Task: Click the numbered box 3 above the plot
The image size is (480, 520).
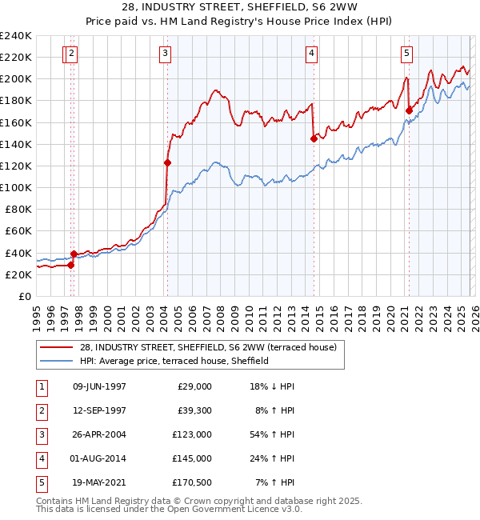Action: coord(165,54)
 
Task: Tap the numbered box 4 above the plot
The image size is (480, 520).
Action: coord(310,54)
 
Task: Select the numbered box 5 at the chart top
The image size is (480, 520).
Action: coord(406,54)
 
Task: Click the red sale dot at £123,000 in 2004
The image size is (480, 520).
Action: coord(167,162)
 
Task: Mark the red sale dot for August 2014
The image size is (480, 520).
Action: coord(314,138)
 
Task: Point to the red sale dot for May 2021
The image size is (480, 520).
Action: coord(410,110)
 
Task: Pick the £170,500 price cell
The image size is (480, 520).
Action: coord(191,482)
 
